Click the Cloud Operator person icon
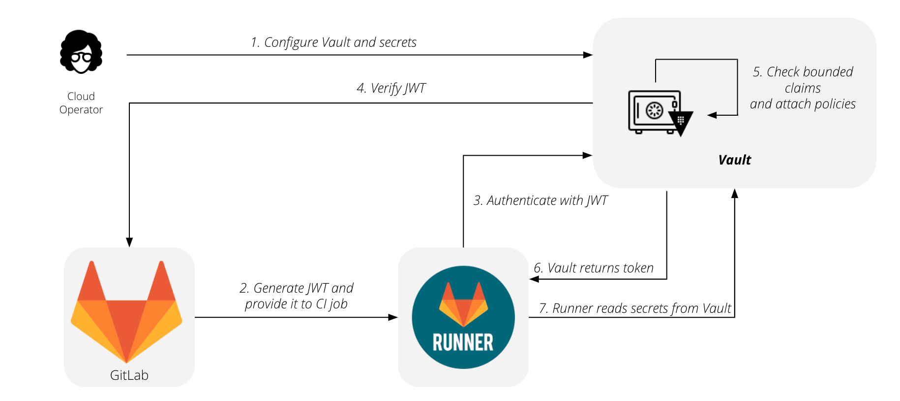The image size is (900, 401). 81,52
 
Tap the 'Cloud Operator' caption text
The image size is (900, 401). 81,103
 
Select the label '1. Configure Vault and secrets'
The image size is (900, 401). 333,42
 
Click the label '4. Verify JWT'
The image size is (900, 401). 391,88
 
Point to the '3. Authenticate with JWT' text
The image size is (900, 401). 540,200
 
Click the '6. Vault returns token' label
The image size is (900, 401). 594,268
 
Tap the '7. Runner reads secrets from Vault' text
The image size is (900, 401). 635,308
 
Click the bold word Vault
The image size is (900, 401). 734,160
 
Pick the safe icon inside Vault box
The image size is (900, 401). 653,111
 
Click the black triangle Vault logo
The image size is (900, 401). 681,122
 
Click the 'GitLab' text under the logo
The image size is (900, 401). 129,375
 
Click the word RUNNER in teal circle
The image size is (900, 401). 463,342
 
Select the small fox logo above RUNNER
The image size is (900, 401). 463,303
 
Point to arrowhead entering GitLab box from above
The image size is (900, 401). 129,242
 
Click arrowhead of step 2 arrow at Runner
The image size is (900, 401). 393,317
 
